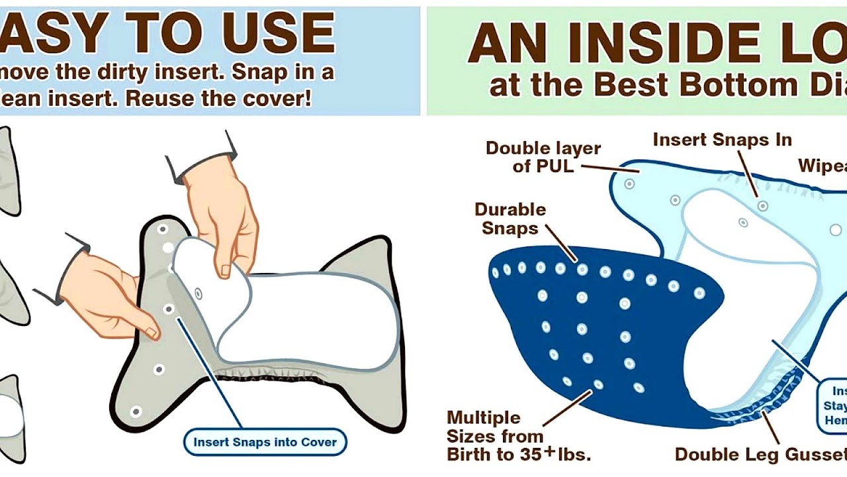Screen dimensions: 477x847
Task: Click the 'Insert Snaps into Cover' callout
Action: [x=265, y=442]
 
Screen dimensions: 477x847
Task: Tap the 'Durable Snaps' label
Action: [x=510, y=219]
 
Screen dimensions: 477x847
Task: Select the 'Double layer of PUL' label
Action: [x=543, y=156]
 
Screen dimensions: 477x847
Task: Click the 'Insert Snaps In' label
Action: [x=722, y=140]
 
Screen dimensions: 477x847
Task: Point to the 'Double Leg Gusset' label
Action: [x=760, y=454]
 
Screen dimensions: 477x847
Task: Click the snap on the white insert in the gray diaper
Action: [x=198, y=293]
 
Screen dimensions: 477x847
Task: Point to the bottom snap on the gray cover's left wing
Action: [x=136, y=411]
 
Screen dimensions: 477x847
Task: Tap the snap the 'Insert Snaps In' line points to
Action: [x=762, y=206]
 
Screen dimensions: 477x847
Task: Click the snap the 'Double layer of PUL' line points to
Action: [x=629, y=184]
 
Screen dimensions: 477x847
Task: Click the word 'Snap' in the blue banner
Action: [x=259, y=72]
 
